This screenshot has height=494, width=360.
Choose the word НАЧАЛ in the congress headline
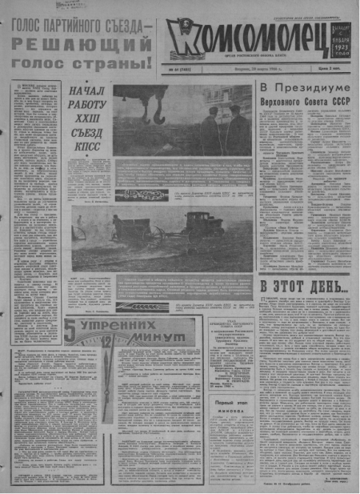(86, 90)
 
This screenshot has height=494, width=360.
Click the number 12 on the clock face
(106, 340)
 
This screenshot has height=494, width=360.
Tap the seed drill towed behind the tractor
(129, 228)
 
